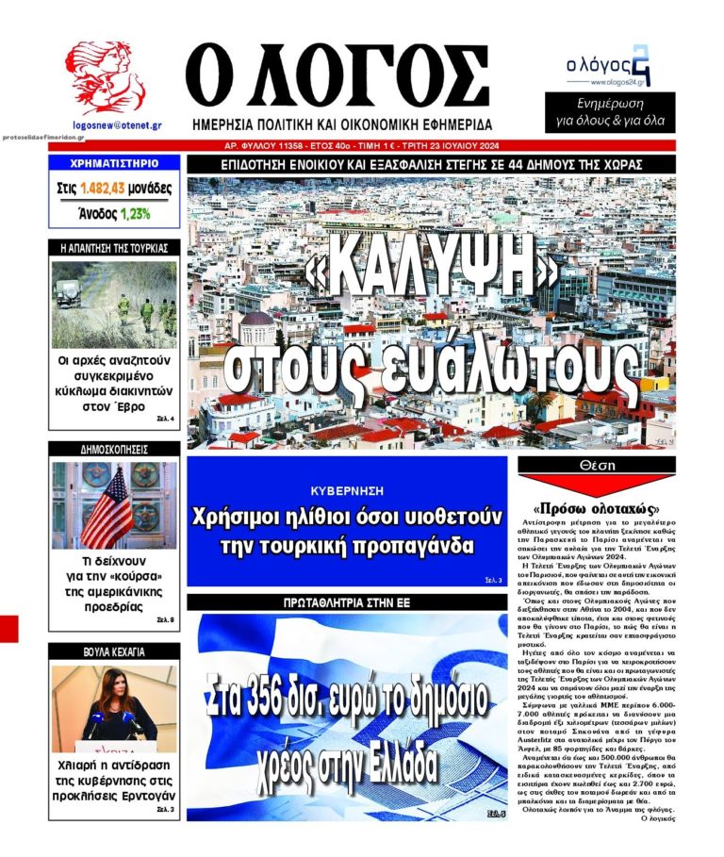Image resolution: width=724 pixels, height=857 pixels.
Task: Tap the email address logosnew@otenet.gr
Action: click(x=116, y=124)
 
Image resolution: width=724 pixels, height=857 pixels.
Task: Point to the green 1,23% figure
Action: click(x=135, y=213)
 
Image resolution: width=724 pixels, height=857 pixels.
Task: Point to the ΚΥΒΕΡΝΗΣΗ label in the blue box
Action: click(x=347, y=491)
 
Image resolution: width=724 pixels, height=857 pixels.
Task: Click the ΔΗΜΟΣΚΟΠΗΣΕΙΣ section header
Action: click(x=114, y=450)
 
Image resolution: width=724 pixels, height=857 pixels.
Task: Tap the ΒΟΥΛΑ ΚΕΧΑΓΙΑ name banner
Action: click(x=113, y=651)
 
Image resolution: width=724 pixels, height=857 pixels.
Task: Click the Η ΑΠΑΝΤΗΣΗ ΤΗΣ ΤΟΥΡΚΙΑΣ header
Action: click(x=113, y=249)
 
